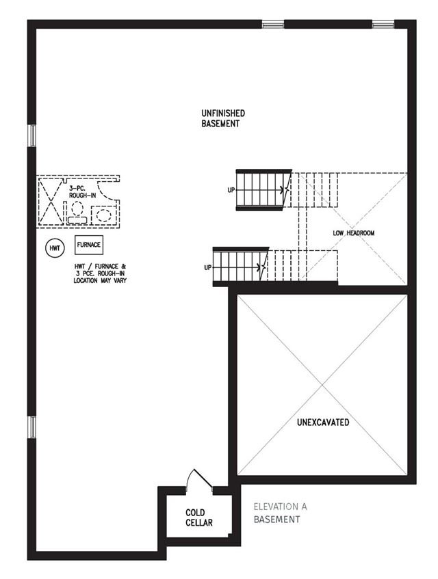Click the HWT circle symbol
[x=54, y=247]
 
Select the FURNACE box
[x=89, y=245]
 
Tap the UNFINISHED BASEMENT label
[x=223, y=118]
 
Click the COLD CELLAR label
[x=199, y=517]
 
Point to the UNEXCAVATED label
[x=323, y=422]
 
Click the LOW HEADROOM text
[x=353, y=233]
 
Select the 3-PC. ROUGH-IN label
[x=82, y=191]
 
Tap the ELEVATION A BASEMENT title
[x=280, y=513]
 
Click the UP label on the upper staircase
[x=231, y=190]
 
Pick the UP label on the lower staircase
[x=208, y=267]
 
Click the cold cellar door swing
[x=198, y=479]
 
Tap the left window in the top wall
[x=273, y=25]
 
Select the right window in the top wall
[x=383, y=25]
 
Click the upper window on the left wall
[x=32, y=135]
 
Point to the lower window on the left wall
[x=32, y=427]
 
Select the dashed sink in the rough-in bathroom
[x=103, y=215]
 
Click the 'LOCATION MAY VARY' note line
[x=100, y=281]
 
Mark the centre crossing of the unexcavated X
[x=322, y=385]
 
